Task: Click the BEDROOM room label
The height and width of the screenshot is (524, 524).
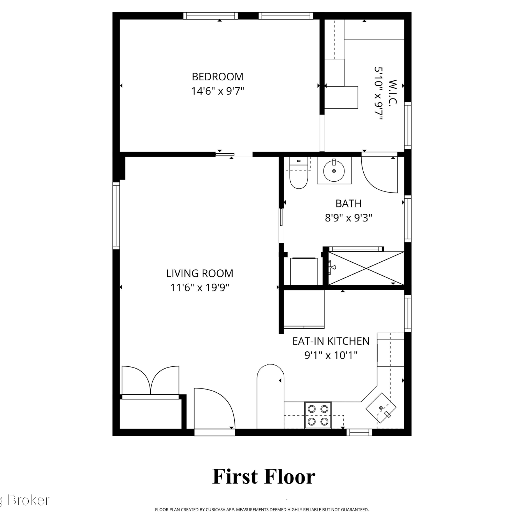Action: (218, 77)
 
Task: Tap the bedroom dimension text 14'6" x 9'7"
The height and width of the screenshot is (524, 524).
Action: (217, 91)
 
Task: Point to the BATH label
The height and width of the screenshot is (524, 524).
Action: (348, 203)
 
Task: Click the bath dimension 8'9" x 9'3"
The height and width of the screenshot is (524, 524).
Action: (348, 218)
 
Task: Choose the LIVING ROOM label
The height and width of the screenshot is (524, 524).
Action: (199, 273)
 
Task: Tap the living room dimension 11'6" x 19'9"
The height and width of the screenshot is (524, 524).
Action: (199, 288)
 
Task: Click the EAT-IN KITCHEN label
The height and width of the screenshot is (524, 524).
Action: (331, 341)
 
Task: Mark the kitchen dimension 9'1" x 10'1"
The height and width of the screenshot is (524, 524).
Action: (331, 355)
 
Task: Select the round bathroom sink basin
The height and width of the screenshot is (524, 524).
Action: (334, 171)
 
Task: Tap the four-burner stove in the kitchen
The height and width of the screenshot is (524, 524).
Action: (318, 415)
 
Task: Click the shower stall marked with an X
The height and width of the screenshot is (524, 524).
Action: (366, 268)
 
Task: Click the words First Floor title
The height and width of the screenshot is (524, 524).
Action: (264, 476)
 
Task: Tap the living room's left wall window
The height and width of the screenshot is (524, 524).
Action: (116, 216)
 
